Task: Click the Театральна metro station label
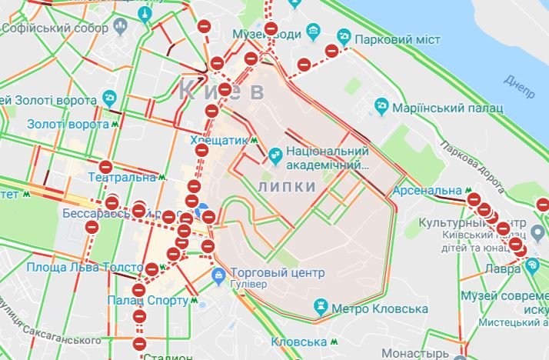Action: coord(122,177)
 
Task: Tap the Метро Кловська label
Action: coord(378,308)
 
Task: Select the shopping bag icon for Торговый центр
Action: coord(218,274)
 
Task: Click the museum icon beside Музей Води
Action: coord(313,32)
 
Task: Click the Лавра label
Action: coord(503,268)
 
